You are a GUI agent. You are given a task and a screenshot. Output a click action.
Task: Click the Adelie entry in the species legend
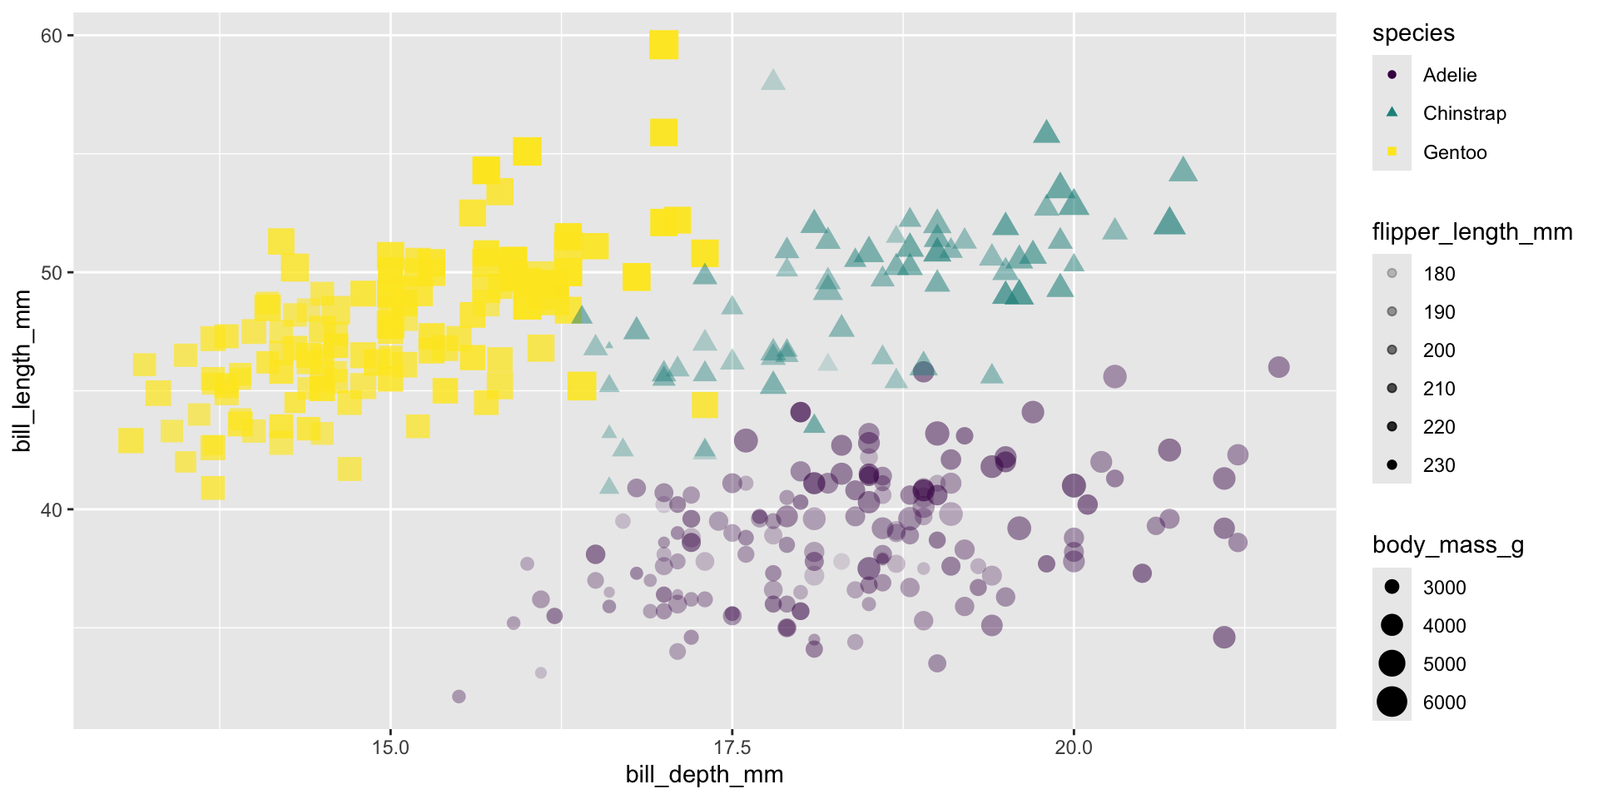click(1450, 75)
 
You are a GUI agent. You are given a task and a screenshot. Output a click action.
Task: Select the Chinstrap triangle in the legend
click(1392, 112)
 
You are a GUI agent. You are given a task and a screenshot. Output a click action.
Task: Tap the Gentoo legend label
click(1455, 152)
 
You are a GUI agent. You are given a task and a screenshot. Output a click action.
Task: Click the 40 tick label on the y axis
click(52, 509)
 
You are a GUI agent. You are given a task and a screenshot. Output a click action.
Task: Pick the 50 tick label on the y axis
click(52, 273)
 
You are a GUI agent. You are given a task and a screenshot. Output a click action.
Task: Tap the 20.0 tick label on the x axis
click(1074, 747)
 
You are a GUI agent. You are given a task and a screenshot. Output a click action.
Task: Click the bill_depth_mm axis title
click(704, 775)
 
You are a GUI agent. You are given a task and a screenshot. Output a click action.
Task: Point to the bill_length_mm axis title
click(22, 370)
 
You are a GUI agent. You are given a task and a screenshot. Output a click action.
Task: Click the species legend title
click(1413, 33)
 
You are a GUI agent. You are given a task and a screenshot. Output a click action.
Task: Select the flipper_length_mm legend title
click(1472, 232)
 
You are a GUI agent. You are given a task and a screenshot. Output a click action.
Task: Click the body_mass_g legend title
click(1448, 545)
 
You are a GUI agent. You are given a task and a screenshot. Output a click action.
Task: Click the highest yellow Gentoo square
click(663, 44)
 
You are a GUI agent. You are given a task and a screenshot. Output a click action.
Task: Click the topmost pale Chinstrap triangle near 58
click(772, 80)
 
